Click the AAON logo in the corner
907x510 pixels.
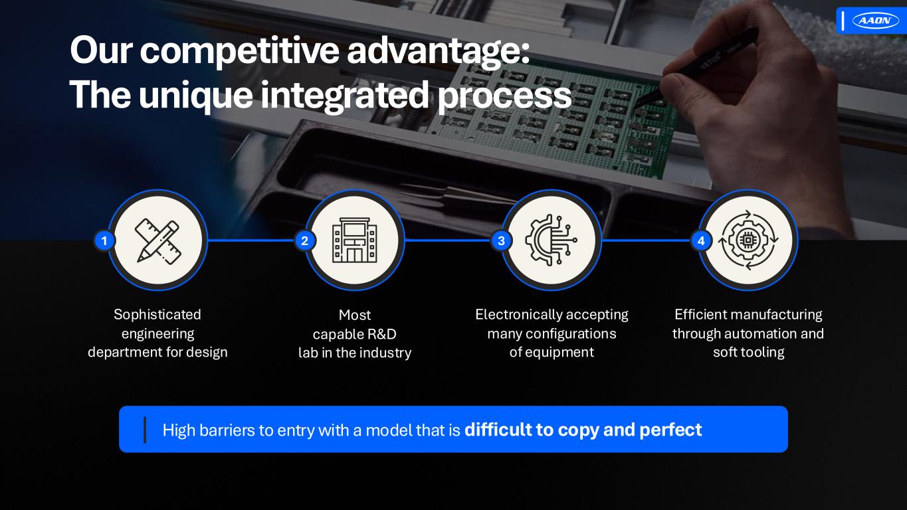coord(875,21)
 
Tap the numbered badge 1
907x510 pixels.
coord(104,241)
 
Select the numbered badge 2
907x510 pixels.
coord(304,241)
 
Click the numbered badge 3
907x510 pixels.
coord(501,241)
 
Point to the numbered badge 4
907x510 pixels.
coord(701,241)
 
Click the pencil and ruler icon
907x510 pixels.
coord(157,240)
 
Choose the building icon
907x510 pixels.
coord(354,240)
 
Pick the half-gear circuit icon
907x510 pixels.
coord(551,240)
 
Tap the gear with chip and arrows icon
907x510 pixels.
coord(748,240)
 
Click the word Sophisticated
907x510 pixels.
coord(157,315)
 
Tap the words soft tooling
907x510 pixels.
coord(749,352)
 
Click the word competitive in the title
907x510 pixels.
coord(239,51)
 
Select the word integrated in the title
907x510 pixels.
coord(344,95)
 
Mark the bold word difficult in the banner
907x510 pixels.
coord(497,429)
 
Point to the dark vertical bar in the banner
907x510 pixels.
coord(145,430)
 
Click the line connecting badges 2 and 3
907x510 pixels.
coord(448,240)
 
